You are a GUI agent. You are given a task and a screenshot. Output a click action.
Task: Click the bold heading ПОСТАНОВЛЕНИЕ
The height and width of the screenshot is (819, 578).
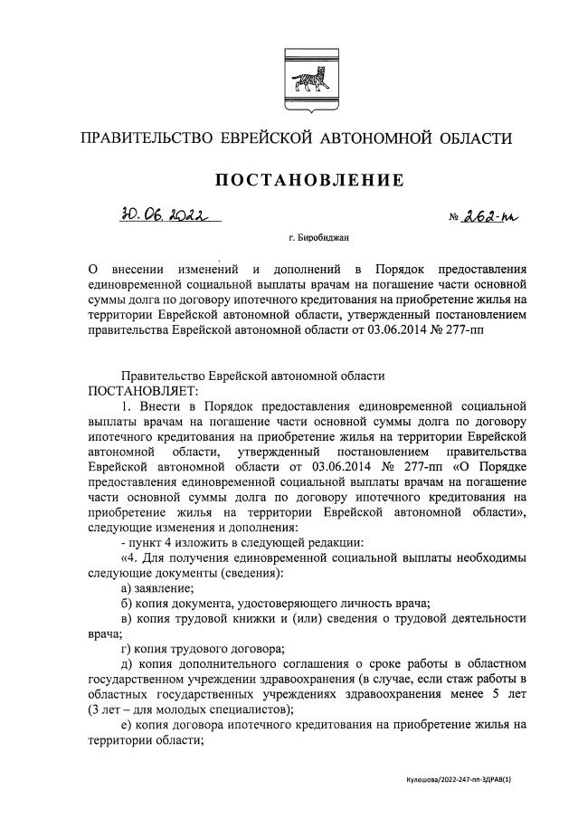308,180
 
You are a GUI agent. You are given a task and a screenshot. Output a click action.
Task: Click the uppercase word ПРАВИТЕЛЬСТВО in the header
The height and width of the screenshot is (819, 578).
145,138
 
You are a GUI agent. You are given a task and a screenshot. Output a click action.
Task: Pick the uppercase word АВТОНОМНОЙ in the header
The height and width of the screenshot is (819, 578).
383,138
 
